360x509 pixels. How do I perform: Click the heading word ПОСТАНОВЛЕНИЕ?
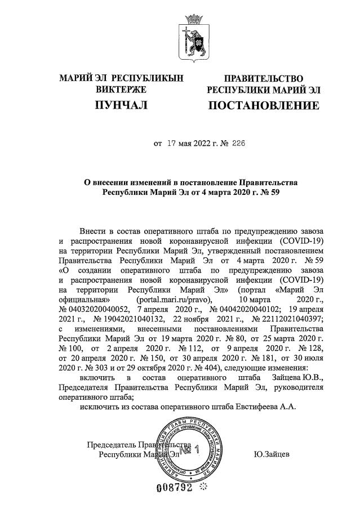coord(263,106)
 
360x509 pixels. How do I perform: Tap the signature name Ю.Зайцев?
coord(273,453)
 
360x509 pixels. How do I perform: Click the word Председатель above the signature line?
coord(111,444)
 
